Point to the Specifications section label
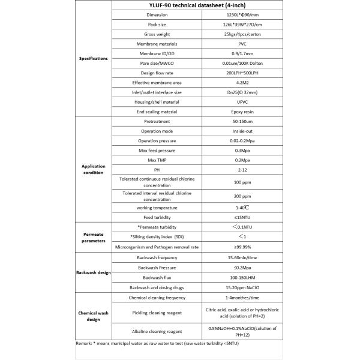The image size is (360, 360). (94, 59)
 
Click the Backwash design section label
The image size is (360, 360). (94, 272)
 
